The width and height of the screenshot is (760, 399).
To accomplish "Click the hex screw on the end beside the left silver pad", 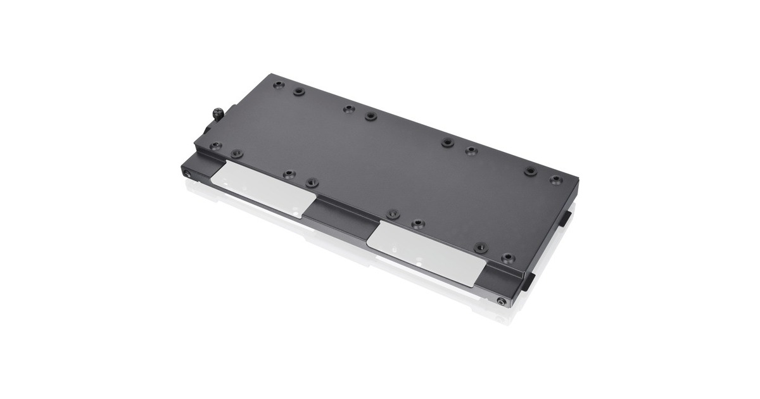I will (x=187, y=172).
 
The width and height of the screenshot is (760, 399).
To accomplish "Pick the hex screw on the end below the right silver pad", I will (x=501, y=302).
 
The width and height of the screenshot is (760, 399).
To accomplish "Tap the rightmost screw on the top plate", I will (x=555, y=180).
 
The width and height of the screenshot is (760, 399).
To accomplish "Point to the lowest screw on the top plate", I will (x=507, y=258).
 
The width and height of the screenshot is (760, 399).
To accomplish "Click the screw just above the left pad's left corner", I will (x=236, y=153).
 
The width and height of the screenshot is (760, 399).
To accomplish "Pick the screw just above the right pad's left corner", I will (x=393, y=213).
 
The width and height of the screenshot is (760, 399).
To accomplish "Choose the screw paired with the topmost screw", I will (x=298, y=91).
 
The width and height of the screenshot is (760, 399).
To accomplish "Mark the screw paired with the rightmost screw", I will (x=531, y=171).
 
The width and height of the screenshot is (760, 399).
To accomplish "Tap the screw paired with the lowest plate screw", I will (x=481, y=247).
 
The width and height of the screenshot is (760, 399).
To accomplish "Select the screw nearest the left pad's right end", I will (x=312, y=182).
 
